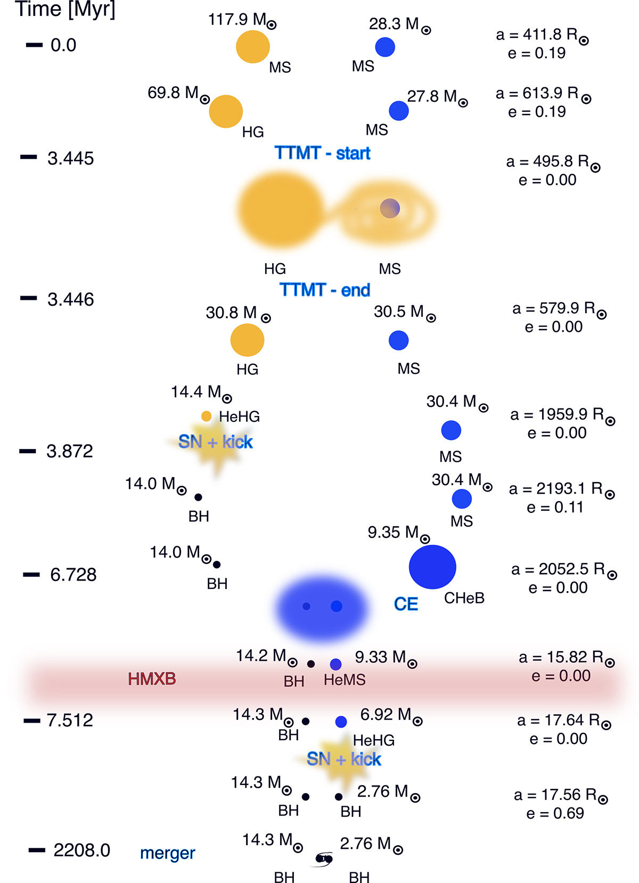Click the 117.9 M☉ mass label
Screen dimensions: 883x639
[x=242, y=20]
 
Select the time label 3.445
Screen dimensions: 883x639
[x=70, y=158]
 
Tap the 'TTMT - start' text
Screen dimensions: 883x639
[x=323, y=153]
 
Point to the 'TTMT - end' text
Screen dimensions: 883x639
[x=325, y=290]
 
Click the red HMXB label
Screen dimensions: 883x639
[x=152, y=679]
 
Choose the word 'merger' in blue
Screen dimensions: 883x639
[x=167, y=853]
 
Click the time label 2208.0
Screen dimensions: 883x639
[x=81, y=851]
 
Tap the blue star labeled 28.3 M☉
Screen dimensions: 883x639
[x=385, y=47]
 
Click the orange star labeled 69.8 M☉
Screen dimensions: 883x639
[x=226, y=111]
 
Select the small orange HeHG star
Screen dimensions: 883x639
[x=207, y=416]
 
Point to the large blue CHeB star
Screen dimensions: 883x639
[x=432, y=567]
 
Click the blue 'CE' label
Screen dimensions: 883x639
[x=406, y=604]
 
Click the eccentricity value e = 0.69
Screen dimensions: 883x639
[x=555, y=813]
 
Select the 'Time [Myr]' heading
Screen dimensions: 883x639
[x=65, y=10]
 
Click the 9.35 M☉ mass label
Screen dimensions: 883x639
[x=398, y=533]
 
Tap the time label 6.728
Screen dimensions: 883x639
[x=73, y=575]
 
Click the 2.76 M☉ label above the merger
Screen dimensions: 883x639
[x=371, y=844]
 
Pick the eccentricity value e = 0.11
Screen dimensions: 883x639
[x=555, y=507]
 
